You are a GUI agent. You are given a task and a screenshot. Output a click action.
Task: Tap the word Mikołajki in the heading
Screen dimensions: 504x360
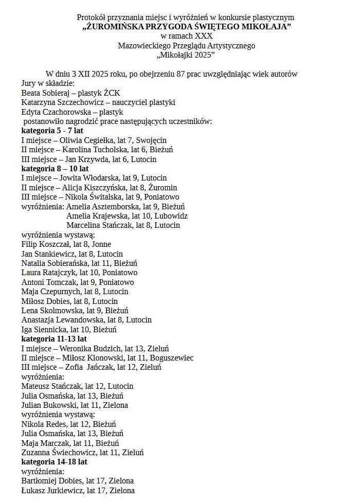pos(175,55)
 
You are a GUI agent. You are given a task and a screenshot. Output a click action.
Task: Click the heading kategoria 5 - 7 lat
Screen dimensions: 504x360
pos(52,131)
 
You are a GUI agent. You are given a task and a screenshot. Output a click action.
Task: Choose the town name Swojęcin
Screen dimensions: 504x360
pos(151,140)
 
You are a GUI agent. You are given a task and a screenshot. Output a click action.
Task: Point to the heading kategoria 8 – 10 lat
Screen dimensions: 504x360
pos(55,169)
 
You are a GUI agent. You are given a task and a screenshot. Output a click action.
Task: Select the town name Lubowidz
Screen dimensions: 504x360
pos(172,216)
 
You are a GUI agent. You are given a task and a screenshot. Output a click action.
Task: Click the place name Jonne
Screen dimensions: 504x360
pos(100,244)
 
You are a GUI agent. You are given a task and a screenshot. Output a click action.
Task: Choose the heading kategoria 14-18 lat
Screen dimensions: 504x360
pos(54,462)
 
